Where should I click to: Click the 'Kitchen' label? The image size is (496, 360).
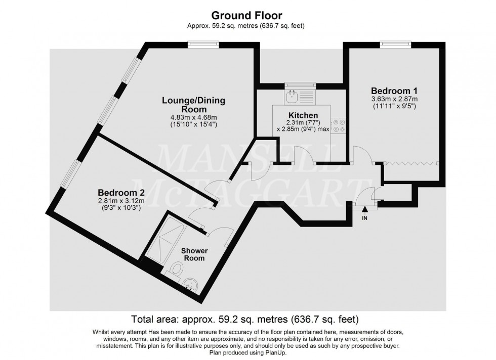point(303,115)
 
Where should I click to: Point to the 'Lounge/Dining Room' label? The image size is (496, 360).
point(193,105)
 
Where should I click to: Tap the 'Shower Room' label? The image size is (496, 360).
point(194,254)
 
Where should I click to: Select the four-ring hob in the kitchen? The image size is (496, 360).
point(338,125)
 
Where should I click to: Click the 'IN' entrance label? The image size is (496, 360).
point(364,218)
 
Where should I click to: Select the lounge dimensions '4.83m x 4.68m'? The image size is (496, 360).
point(193,117)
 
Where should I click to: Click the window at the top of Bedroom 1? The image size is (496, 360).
point(396,44)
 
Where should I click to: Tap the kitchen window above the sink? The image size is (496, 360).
point(300,84)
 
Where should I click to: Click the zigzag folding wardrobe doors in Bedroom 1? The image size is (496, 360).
point(411,163)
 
